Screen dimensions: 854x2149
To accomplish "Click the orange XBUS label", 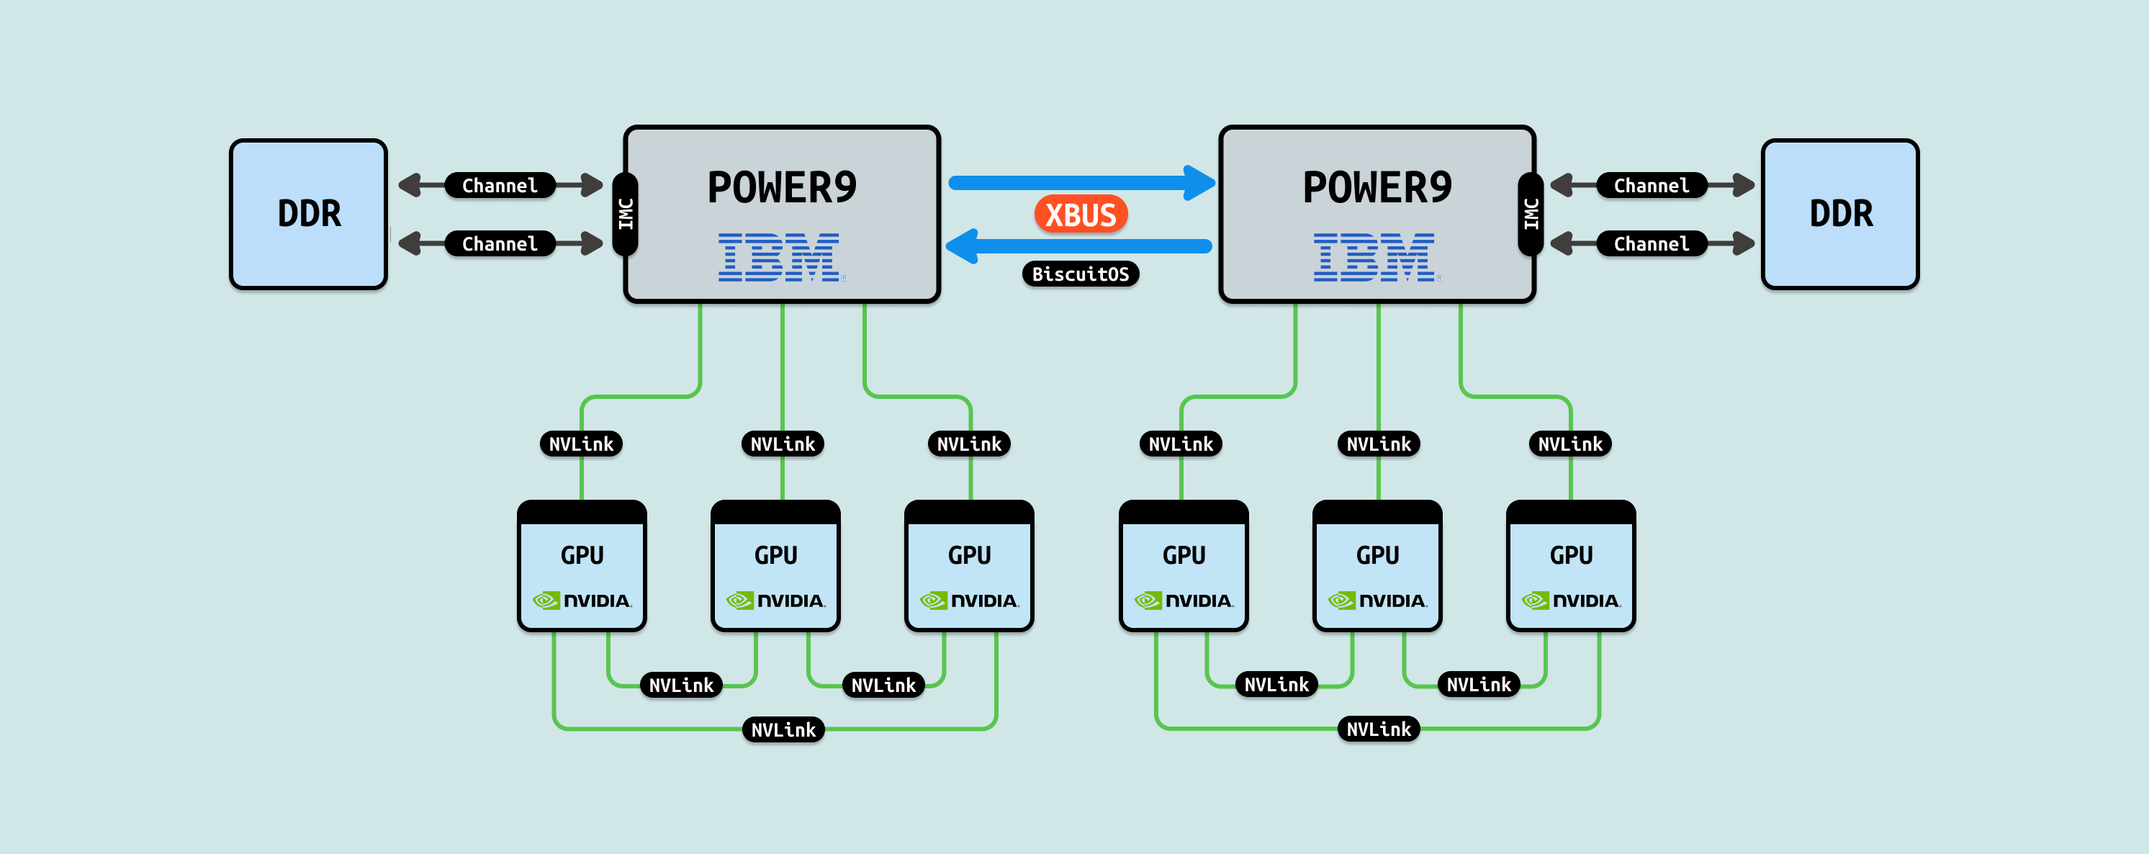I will pyautogui.click(x=1081, y=215).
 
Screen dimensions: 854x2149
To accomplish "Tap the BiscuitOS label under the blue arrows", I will pyautogui.click(x=1081, y=274).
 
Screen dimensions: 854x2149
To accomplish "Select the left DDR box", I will pyautogui.click(x=309, y=214).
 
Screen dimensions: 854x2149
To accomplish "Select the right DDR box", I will pyautogui.click(x=1840, y=214).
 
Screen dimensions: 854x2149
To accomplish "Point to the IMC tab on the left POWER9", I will pyautogui.click(x=626, y=214).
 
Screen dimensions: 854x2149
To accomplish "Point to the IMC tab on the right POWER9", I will pyautogui.click(x=1531, y=214).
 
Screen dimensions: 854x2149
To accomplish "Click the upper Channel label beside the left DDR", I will pyautogui.click(x=500, y=185).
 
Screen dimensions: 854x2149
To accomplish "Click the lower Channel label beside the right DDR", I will pyautogui.click(x=1651, y=244).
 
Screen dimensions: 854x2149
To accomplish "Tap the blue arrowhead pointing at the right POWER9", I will pyautogui.click(x=1199, y=183).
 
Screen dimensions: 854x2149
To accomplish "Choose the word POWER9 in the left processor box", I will pyautogui.click(x=782, y=187).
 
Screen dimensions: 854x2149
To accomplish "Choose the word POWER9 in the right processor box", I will pyautogui.click(x=1377, y=187).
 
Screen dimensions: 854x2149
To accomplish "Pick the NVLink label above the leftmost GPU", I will pyautogui.click(x=581, y=444).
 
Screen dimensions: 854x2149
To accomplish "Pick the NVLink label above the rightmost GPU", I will pyautogui.click(x=1570, y=444).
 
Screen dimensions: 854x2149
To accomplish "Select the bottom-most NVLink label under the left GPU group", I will pyautogui.click(x=783, y=730).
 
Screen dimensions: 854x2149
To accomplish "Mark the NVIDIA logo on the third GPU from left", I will pyautogui.click(x=969, y=601).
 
